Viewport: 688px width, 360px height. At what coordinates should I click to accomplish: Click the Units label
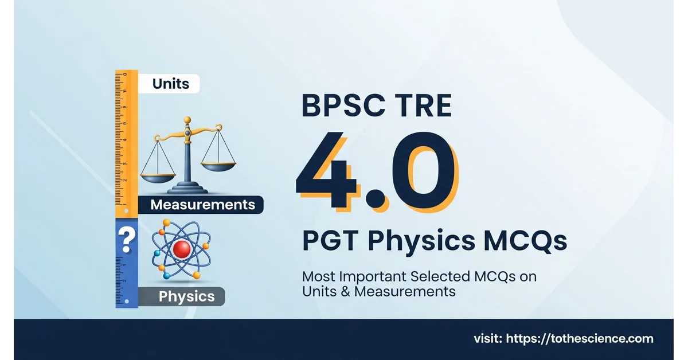coord(169,84)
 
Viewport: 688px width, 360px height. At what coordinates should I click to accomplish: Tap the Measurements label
coord(201,205)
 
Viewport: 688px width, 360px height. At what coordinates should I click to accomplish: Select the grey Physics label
coord(182,296)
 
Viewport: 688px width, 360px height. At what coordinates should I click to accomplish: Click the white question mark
coord(127,240)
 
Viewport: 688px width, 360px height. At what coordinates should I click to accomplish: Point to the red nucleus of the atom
coord(182,249)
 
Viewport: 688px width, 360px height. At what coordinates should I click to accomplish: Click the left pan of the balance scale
coord(158,178)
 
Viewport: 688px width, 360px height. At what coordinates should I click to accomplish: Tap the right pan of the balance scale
coord(218,167)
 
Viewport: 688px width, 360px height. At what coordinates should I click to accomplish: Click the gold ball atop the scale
coord(187,120)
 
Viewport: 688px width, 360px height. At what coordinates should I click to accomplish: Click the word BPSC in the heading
coord(343,105)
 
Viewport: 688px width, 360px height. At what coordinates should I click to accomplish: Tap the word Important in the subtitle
coord(373,276)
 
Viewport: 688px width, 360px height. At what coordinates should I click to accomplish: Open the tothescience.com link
coord(580,338)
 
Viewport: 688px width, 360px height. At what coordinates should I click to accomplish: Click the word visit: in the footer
coord(488,339)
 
